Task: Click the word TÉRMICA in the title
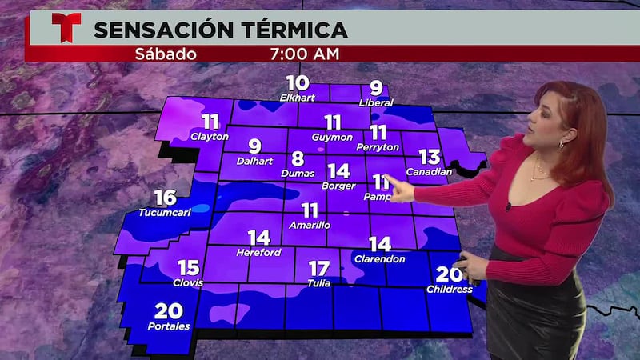(297, 30)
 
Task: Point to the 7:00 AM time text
(306, 54)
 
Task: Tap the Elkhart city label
(298, 98)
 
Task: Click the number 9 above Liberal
(376, 89)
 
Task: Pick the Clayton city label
(210, 137)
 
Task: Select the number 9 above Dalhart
(254, 146)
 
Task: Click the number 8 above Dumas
(298, 158)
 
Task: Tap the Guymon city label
(332, 138)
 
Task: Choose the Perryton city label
(378, 148)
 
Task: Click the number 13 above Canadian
(430, 157)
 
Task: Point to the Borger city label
(338, 186)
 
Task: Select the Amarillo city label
(310, 225)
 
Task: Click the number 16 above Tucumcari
(165, 198)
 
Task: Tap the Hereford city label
(258, 252)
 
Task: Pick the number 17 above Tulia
(318, 268)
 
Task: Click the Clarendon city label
(379, 258)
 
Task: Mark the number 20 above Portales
(169, 312)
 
